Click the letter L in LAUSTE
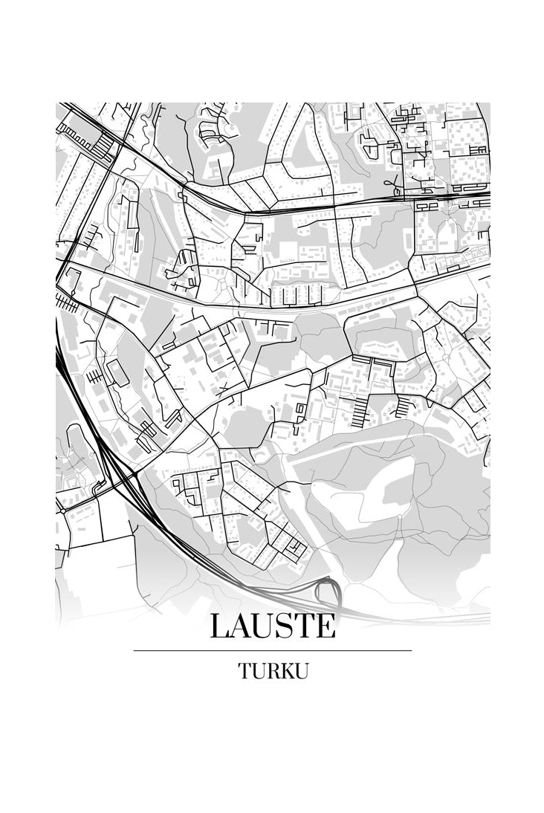[221, 626]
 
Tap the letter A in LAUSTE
[244, 626]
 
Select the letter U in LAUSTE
[268, 626]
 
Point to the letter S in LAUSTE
[288, 626]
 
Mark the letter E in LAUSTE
[326, 626]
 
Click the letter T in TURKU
[245, 671]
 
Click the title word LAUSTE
[273, 626]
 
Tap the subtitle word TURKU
[273, 671]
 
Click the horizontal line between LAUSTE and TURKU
[273, 650]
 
